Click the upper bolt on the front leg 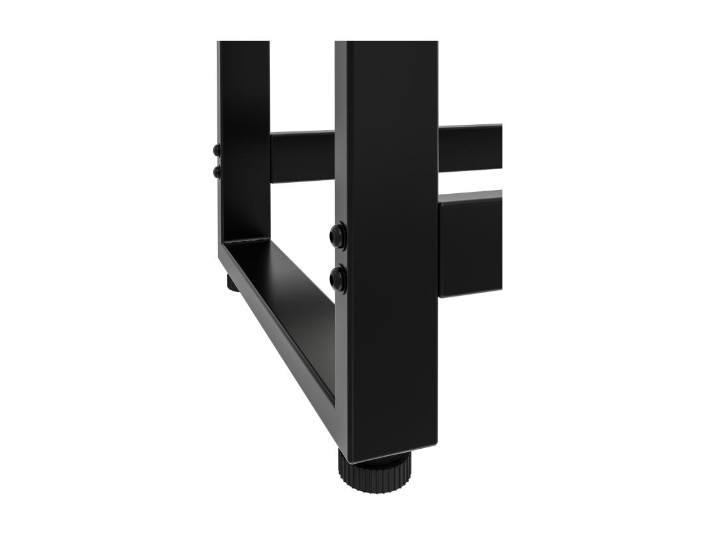point(338,235)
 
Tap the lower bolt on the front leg point(338,280)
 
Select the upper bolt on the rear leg point(217,151)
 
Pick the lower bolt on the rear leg point(217,172)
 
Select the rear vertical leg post point(244,130)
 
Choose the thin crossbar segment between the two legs point(302,156)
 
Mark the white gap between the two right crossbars point(469,181)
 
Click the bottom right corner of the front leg point(435,447)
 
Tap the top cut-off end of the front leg point(387,43)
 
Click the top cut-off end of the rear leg point(243,43)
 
